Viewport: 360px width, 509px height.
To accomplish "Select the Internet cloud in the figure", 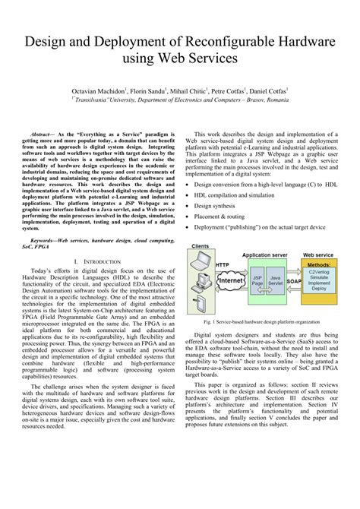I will (232, 280).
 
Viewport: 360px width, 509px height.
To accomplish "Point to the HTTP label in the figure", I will (222, 264).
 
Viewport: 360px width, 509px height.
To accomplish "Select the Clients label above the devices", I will (201, 247).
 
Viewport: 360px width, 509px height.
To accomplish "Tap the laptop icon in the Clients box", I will (201, 263).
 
